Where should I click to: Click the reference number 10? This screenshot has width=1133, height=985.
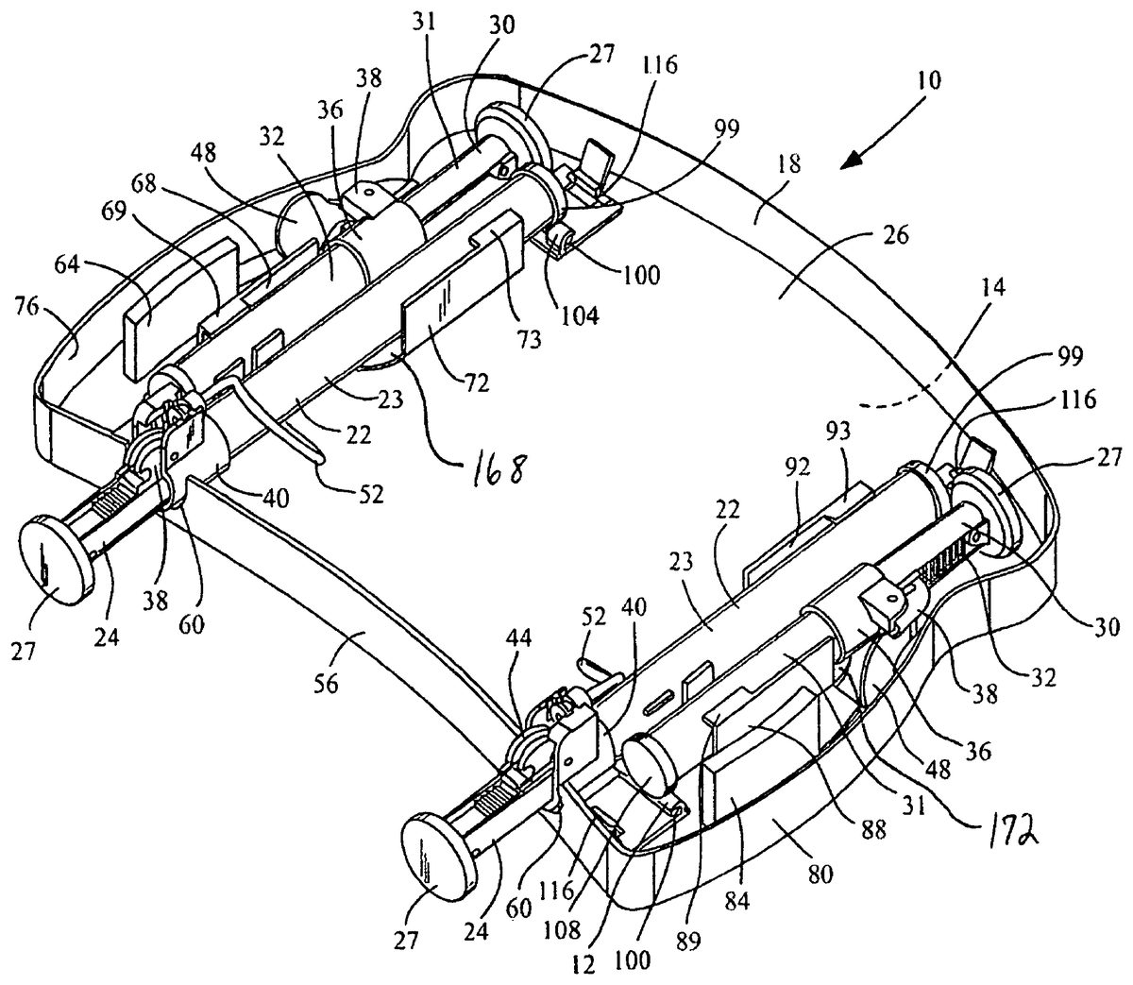click(927, 80)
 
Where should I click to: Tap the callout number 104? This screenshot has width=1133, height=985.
click(583, 317)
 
